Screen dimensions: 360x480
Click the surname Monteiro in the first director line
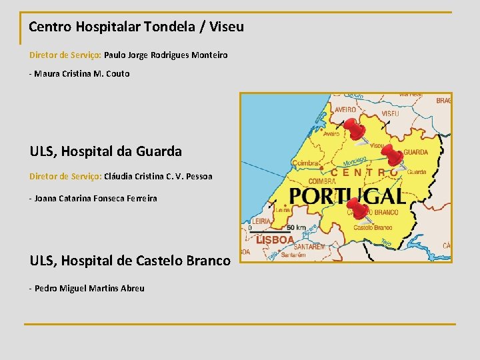209,55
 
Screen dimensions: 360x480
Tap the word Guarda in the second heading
159,151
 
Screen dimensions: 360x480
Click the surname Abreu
131,288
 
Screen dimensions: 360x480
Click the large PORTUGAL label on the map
347,195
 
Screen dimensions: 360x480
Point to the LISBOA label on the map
275,239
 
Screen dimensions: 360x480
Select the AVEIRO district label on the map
345,109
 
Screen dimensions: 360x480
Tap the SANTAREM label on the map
309,247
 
